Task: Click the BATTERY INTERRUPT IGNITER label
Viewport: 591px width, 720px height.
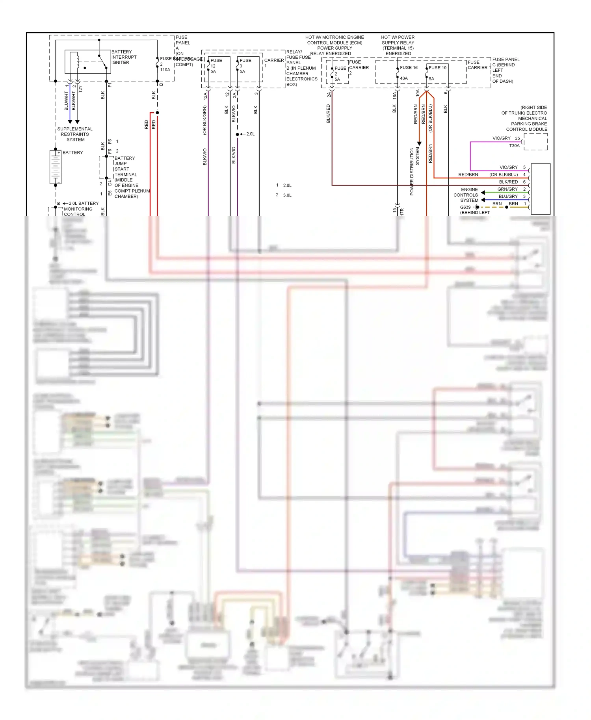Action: point(124,57)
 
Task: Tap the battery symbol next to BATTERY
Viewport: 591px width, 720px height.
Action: point(56,167)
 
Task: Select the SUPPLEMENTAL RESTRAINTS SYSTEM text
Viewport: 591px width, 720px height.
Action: point(75,134)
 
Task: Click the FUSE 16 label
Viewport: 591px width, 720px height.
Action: point(409,68)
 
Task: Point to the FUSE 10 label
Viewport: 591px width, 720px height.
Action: point(437,68)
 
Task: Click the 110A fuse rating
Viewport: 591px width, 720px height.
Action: point(165,70)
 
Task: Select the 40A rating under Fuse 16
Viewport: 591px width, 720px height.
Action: point(404,78)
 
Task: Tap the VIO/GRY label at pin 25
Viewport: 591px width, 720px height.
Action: point(501,138)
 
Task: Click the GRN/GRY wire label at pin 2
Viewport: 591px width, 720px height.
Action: point(507,189)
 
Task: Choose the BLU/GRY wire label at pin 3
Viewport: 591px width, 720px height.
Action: point(508,197)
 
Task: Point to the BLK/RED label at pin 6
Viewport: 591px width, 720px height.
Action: point(508,182)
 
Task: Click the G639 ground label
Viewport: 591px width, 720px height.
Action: point(465,207)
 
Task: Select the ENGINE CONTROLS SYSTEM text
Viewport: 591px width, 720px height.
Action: point(466,195)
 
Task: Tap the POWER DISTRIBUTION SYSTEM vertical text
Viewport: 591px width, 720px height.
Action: point(414,171)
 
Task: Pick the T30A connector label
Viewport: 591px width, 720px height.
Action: point(514,146)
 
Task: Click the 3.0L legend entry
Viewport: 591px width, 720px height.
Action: point(287,195)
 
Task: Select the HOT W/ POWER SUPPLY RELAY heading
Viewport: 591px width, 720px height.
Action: point(398,45)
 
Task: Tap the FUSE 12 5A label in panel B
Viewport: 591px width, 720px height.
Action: point(215,66)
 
